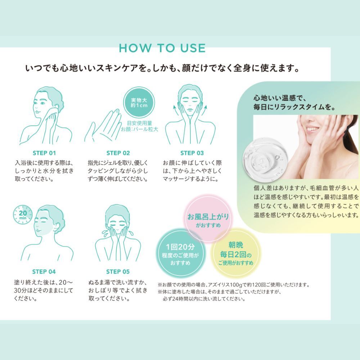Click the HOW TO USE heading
pos(162,48)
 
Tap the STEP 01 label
pos(44,153)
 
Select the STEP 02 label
pos(118,153)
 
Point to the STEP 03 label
pos(192,153)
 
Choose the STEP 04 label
pos(44,272)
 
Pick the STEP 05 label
pos(118,272)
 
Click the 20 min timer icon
pos(22,215)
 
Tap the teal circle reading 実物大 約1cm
pos(139,103)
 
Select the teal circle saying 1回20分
pos(180,253)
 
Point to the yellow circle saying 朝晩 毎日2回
pos(236,253)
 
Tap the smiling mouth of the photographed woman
pos(312,129)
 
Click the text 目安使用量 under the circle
pos(139,123)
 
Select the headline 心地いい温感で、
pos(279,98)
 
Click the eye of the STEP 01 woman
pos(43,103)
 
